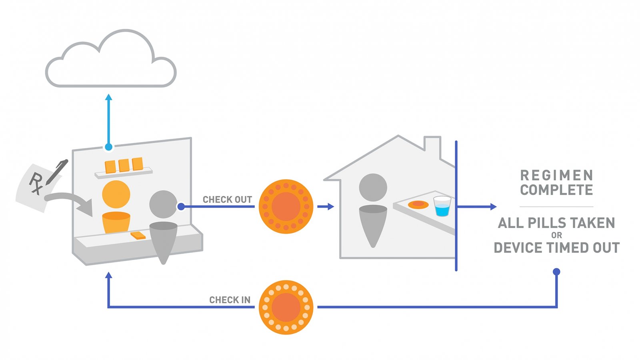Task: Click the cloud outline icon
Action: pos(110,60)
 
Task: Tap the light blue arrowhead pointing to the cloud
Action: pos(108,97)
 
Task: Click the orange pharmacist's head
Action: pos(116,194)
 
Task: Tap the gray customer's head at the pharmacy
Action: pos(163,204)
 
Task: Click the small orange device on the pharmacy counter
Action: pos(138,235)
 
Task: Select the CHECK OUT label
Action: pos(227,200)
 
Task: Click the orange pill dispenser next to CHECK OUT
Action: pos(286,206)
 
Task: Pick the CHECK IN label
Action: pos(230,300)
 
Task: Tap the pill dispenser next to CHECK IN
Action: pos(286,307)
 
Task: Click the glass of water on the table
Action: pos(442,206)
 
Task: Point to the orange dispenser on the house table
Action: pos(418,205)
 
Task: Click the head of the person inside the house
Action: pos(373,187)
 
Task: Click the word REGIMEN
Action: pos(556,175)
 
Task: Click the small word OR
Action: pos(556,235)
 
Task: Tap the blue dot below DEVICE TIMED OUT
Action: pos(556,272)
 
